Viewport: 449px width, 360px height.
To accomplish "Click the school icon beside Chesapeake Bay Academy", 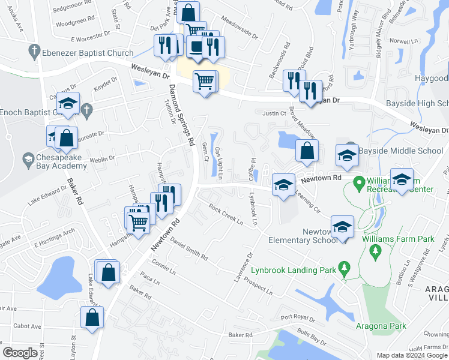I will coord(28,159).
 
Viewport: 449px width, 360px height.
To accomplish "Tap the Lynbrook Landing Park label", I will coord(294,270).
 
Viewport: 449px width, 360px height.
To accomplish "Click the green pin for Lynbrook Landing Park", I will coord(344,267).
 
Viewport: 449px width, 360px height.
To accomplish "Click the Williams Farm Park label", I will coord(398,239).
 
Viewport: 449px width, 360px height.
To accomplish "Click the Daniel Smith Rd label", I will coord(188,247).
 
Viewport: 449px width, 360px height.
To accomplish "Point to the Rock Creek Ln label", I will coord(226,215).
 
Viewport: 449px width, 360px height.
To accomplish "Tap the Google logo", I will coord(20,353).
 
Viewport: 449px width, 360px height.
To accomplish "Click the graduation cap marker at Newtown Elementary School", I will coord(342,227).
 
